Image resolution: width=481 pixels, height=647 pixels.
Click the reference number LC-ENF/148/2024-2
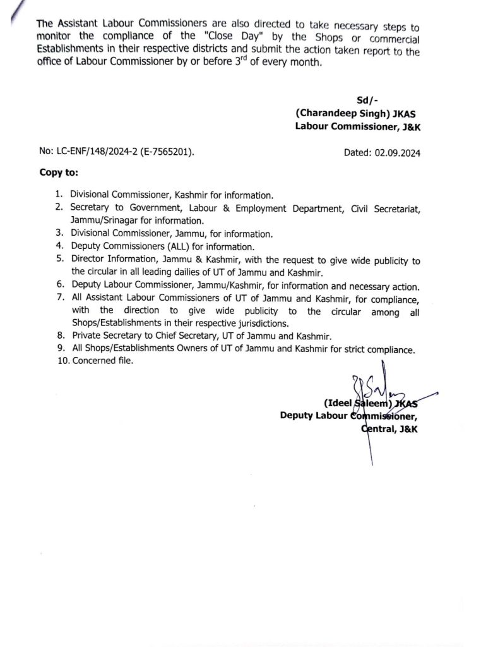click(x=95, y=152)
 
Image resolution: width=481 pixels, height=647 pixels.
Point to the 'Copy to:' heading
click(x=59, y=172)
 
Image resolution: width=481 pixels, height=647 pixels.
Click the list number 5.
click(x=59, y=260)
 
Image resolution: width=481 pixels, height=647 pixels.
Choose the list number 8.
click(x=59, y=336)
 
